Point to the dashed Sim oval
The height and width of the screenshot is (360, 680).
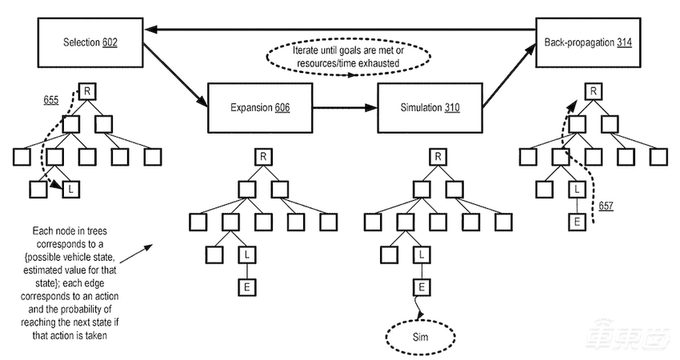pos(421,337)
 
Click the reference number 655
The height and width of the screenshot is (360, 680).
pos(52,102)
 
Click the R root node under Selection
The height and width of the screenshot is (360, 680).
pos(86,92)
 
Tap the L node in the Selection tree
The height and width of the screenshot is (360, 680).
pos(70,189)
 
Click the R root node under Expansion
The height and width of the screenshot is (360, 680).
pos(262,155)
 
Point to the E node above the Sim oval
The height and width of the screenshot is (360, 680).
pos(421,284)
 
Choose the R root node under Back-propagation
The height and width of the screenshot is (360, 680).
pos(593,91)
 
